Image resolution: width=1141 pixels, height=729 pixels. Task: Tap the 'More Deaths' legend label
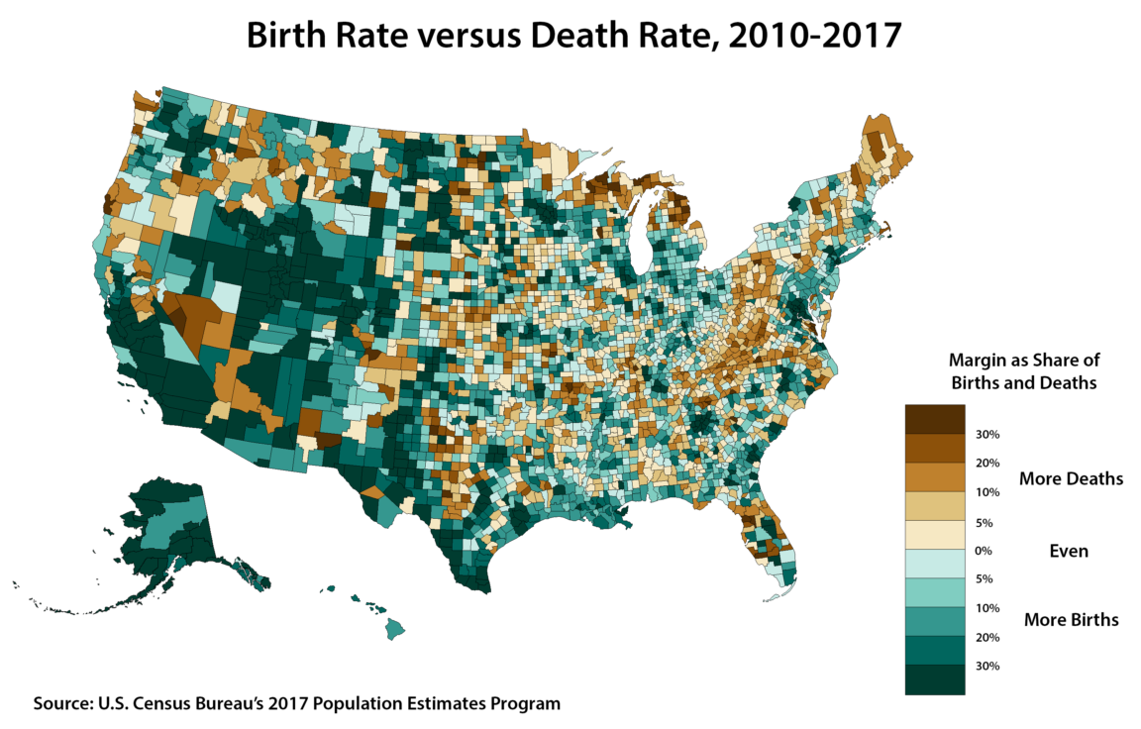pyautogui.click(x=1071, y=478)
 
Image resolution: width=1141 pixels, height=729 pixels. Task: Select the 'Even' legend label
pyautogui.click(x=1069, y=551)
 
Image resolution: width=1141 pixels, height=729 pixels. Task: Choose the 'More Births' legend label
pyautogui.click(x=1071, y=620)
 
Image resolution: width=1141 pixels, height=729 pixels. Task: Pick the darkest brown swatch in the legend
pyautogui.click(x=933, y=419)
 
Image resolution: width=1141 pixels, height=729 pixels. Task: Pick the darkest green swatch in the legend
pyautogui.click(x=933, y=679)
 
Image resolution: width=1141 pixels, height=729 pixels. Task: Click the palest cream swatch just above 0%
pyautogui.click(x=933, y=535)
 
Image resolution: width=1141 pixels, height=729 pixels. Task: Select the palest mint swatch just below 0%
pyautogui.click(x=933, y=565)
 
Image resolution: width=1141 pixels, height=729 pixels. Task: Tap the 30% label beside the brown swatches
pyautogui.click(x=987, y=435)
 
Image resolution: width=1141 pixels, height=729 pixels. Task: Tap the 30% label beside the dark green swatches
pyautogui.click(x=987, y=666)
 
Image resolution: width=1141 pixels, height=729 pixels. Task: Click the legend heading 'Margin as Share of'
pyautogui.click(x=1024, y=360)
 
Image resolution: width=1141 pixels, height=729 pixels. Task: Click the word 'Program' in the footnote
pyautogui.click(x=525, y=704)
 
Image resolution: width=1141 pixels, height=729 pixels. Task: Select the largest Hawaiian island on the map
pyautogui.click(x=394, y=627)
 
